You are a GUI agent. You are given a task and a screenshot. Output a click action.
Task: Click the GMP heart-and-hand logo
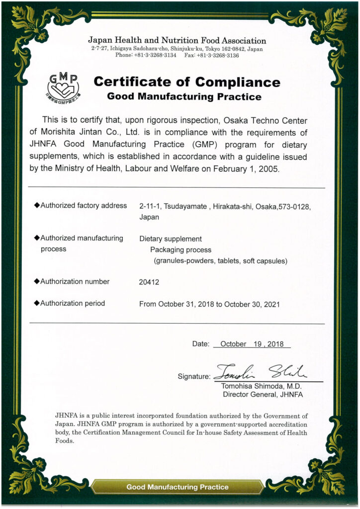63,85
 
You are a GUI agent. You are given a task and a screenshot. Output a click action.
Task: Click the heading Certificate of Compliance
186,82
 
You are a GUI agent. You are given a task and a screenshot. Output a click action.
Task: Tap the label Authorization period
73,303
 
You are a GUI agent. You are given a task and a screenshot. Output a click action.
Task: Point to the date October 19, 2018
252,344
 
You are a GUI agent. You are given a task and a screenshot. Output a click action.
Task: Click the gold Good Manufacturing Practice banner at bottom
178,487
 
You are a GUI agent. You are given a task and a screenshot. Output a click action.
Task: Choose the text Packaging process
181,250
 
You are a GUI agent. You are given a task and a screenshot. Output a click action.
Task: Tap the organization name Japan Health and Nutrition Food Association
177,41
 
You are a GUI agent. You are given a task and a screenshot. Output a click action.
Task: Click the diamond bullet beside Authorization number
36,281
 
